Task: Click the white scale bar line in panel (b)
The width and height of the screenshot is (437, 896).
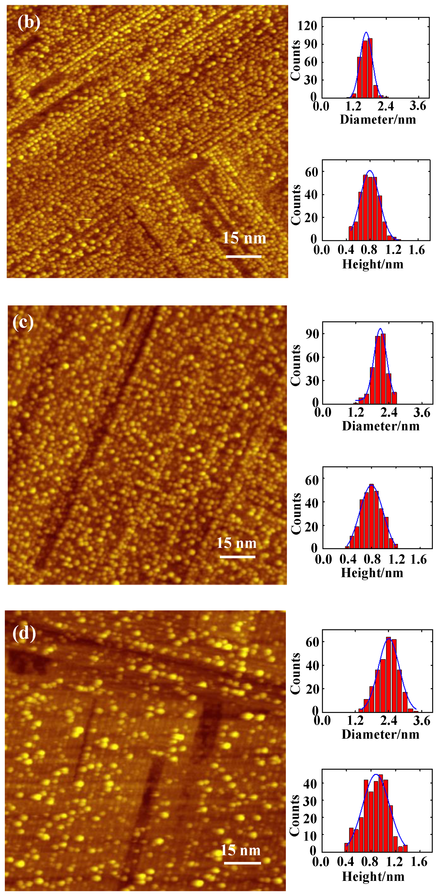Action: pyautogui.click(x=243, y=256)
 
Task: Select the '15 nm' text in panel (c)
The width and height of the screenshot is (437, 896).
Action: pyautogui.click(x=236, y=543)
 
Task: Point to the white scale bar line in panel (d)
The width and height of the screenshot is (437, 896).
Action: pyautogui.click(x=242, y=863)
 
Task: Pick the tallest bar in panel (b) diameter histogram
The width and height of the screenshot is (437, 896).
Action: pyautogui.click(x=370, y=68)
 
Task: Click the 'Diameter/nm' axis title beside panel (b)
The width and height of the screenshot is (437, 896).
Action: pyautogui.click(x=378, y=120)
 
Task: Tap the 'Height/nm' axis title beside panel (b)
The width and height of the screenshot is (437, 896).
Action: pyautogui.click(x=373, y=264)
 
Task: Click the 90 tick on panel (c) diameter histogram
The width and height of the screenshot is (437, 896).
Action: pyautogui.click(x=312, y=334)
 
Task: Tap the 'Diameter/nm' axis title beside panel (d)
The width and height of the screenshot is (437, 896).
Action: pyautogui.click(x=380, y=735)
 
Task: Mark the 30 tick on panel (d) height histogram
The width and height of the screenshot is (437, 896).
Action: pyautogui.click(x=310, y=801)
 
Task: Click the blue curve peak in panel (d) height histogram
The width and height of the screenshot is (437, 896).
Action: pyautogui.click(x=376, y=775)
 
